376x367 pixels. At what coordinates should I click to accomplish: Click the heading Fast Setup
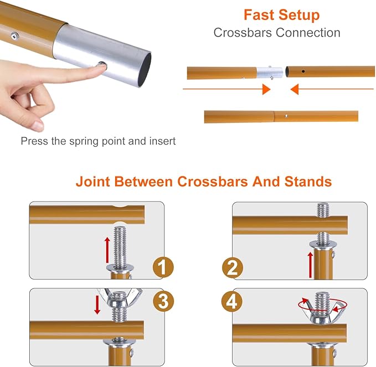281,14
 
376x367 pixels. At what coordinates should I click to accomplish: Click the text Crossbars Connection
277,33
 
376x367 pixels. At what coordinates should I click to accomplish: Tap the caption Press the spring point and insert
98,141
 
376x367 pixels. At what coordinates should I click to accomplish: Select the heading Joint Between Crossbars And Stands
204,182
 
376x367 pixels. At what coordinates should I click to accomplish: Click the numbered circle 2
233,268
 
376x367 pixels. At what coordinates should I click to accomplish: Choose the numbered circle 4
233,301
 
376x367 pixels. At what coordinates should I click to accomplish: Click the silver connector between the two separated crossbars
270,73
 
